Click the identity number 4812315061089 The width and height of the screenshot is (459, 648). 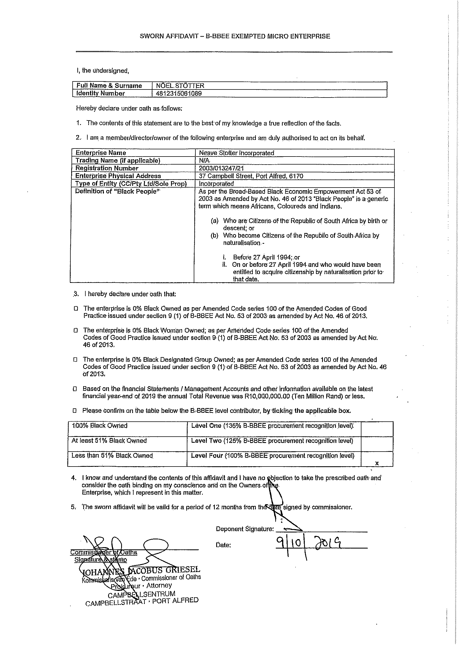pyautogui.click(x=178, y=93)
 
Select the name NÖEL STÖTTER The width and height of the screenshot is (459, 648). pyautogui.click(x=180, y=86)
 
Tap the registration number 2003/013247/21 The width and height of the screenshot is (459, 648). pyautogui.click(x=221, y=168)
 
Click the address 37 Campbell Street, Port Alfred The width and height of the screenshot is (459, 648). pyautogui.click(x=251, y=176)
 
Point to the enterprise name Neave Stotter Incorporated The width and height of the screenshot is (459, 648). pyautogui.click(x=236, y=153)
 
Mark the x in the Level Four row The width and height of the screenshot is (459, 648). pyautogui.click(x=377, y=463)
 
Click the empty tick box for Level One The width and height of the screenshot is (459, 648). pyautogui.click(x=377, y=429)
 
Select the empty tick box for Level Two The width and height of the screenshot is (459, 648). pyautogui.click(x=377, y=444)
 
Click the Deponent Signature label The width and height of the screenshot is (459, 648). pyautogui.click(x=245, y=529)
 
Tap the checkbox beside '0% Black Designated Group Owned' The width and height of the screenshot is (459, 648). pyautogui.click(x=75, y=360)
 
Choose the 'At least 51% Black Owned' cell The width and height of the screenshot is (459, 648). pyautogui.click(x=109, y=441)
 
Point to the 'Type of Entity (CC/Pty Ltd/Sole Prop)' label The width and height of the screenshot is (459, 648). pyautogui.click(x=131, y=184)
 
